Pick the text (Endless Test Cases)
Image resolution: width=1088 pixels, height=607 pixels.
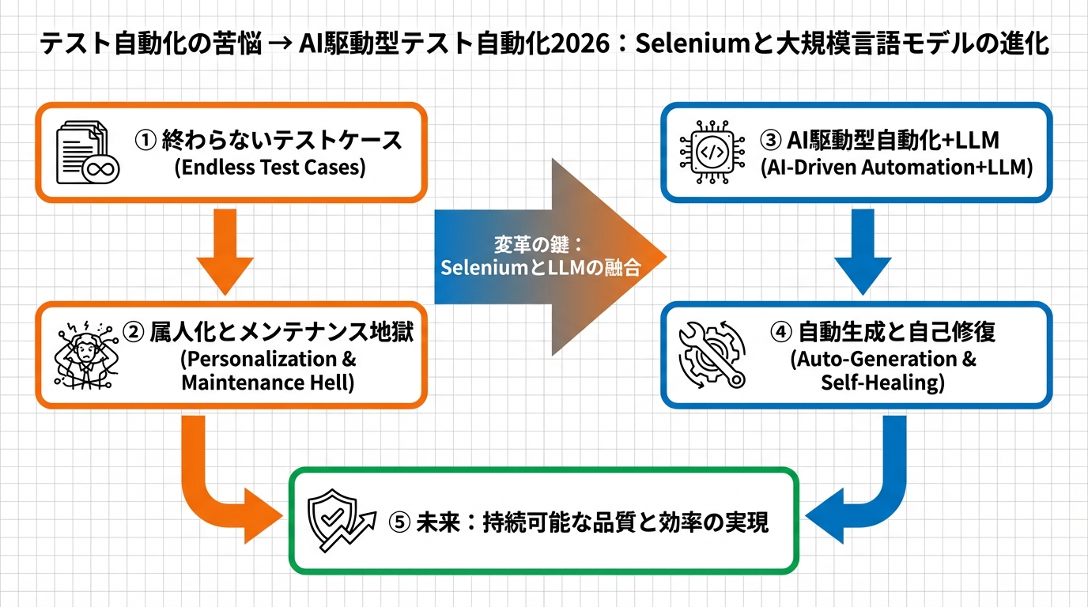tap(270, 168)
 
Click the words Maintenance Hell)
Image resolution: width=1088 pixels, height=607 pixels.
tap(268, 383)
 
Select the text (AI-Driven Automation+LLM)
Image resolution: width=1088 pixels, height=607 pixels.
tap(896, 168)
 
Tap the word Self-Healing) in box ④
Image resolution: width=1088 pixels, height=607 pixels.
tap(883, 383)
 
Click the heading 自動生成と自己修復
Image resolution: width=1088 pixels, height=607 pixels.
tap(893, 331)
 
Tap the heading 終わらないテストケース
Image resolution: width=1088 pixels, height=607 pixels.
tap(281, 141)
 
